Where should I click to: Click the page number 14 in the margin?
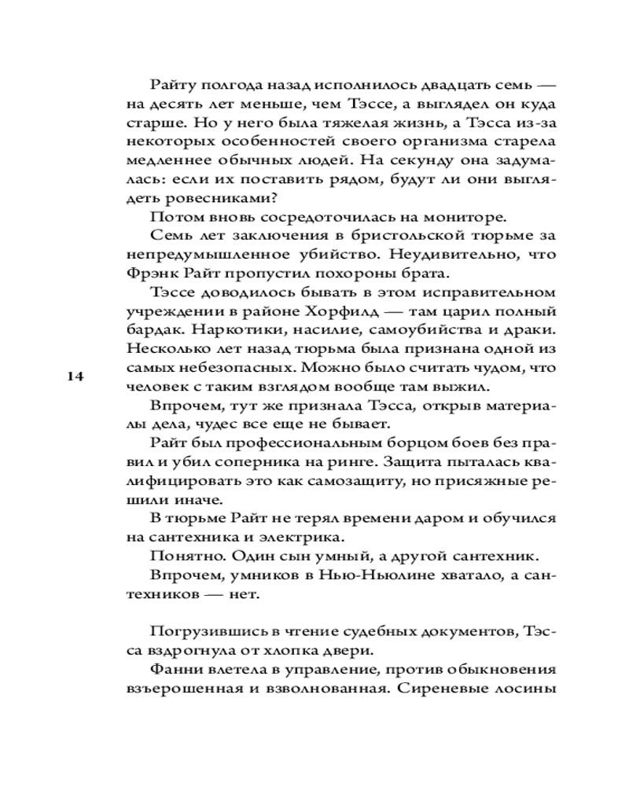coord(75,376)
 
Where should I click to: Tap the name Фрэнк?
coord(150,274)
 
